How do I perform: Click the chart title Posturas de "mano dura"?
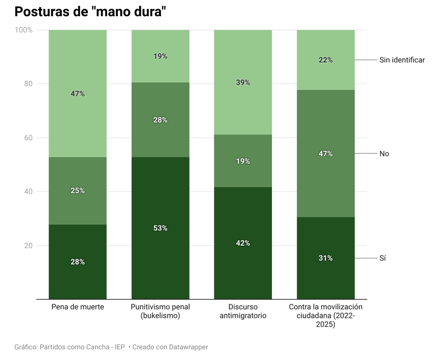pos(90,12)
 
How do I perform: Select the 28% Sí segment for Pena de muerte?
pos(78,261)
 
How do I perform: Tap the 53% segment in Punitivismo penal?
pos(161,228)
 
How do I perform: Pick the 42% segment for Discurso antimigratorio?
pos(243,243)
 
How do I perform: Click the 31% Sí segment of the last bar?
pos(326,258)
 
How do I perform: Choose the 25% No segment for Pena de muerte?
pos(78,190)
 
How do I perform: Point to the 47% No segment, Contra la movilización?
pos(326,153)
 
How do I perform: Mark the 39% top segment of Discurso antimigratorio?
pos(243,82)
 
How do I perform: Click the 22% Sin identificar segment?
pos(326,60)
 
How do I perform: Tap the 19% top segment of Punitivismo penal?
pos(161,56)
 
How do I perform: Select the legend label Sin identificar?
pos(401,60)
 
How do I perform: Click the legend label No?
pos(384,153)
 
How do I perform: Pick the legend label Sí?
pos(383,258)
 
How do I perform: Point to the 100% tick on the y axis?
pos(23,30)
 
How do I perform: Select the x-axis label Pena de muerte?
pos(78,307)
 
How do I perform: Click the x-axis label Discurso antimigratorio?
pos(243,311)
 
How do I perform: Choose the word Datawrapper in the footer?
pos(186,347)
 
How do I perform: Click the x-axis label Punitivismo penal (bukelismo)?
pos(161,311)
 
